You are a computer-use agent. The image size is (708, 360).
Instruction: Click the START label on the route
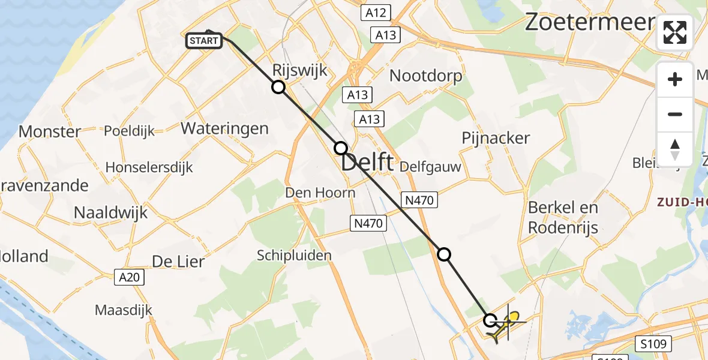coord(204,41)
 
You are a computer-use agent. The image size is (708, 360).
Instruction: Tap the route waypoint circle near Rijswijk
coord(278,88)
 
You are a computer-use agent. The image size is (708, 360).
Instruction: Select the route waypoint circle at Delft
coord(341,148)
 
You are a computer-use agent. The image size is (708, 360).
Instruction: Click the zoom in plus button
coord(675,79)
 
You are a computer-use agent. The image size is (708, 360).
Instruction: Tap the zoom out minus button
coord(675,114)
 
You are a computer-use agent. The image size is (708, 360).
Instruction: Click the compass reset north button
coord(675,149)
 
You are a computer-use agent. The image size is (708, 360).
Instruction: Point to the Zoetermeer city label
coord(589,22)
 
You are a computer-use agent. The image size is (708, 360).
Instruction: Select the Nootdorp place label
coord(426,76)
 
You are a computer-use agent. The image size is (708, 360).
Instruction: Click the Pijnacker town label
coord(496,138)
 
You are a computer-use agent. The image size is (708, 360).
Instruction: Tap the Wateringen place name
coord(224,128)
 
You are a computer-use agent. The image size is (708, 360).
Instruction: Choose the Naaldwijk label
coord(110,212)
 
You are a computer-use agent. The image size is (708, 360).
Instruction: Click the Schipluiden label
coord(294,256)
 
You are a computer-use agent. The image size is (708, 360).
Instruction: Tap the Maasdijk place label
coord(124,310)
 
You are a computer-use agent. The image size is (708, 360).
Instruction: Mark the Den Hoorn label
coord(320,193)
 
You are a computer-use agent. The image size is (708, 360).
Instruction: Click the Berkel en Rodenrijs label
coord(563,217)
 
